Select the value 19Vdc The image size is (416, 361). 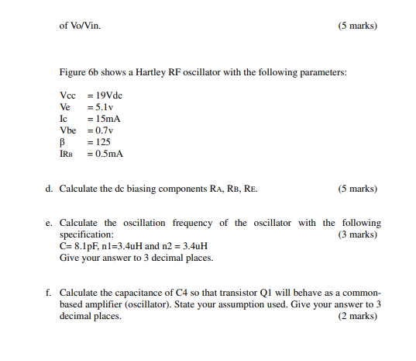(x=107, y=95)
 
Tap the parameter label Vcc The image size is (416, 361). (x=67, y=95)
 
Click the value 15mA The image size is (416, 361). (x=106, y=119)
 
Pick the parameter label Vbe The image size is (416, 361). (x=68, y=130)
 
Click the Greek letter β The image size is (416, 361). (x=63, y=142)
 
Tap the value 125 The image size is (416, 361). (x=100, y=142)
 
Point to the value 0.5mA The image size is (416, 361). (x=107, y=154)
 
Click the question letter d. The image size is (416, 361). (x=49, y=189)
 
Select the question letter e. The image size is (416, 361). (x=49, y=223)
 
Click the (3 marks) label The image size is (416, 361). (x=358, y=234)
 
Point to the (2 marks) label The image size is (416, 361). (x=358, y=316)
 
